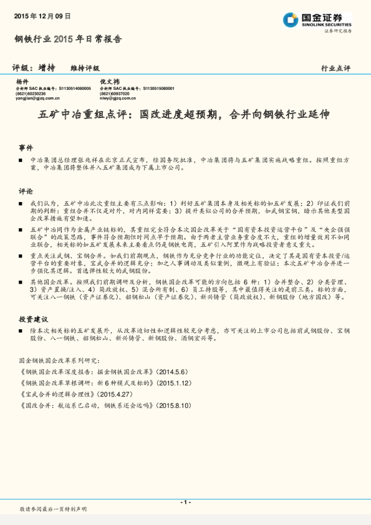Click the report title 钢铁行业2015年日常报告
point(68,39)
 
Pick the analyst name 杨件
point(22,82)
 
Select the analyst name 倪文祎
point(109,82)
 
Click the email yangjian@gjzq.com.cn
point(37,98)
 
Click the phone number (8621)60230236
point(31,94)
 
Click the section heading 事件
point(26,148)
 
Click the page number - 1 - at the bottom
point(185,502)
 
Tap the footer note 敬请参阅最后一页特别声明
point(53,509)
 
